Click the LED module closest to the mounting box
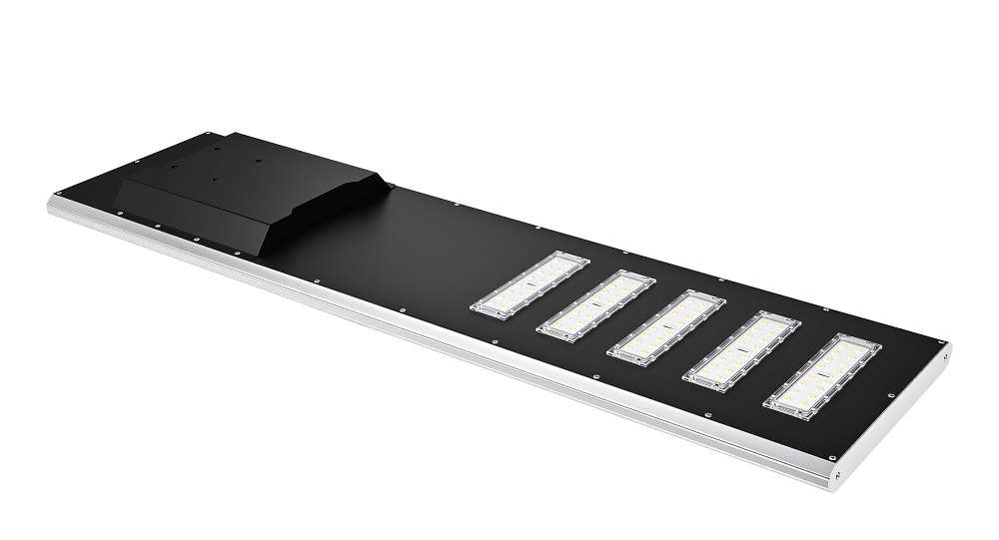(x=529, y=285)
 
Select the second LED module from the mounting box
(x=595, y=305)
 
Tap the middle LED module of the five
(x=665, y=327)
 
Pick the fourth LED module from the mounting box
(x=741, y=350)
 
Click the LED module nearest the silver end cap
(x=822, y=375)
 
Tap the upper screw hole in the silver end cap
(x=944, y=353)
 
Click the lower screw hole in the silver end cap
(x=837, y=473)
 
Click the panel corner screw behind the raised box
(x=206, y=133)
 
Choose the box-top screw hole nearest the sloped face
(x=214, y=181)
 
